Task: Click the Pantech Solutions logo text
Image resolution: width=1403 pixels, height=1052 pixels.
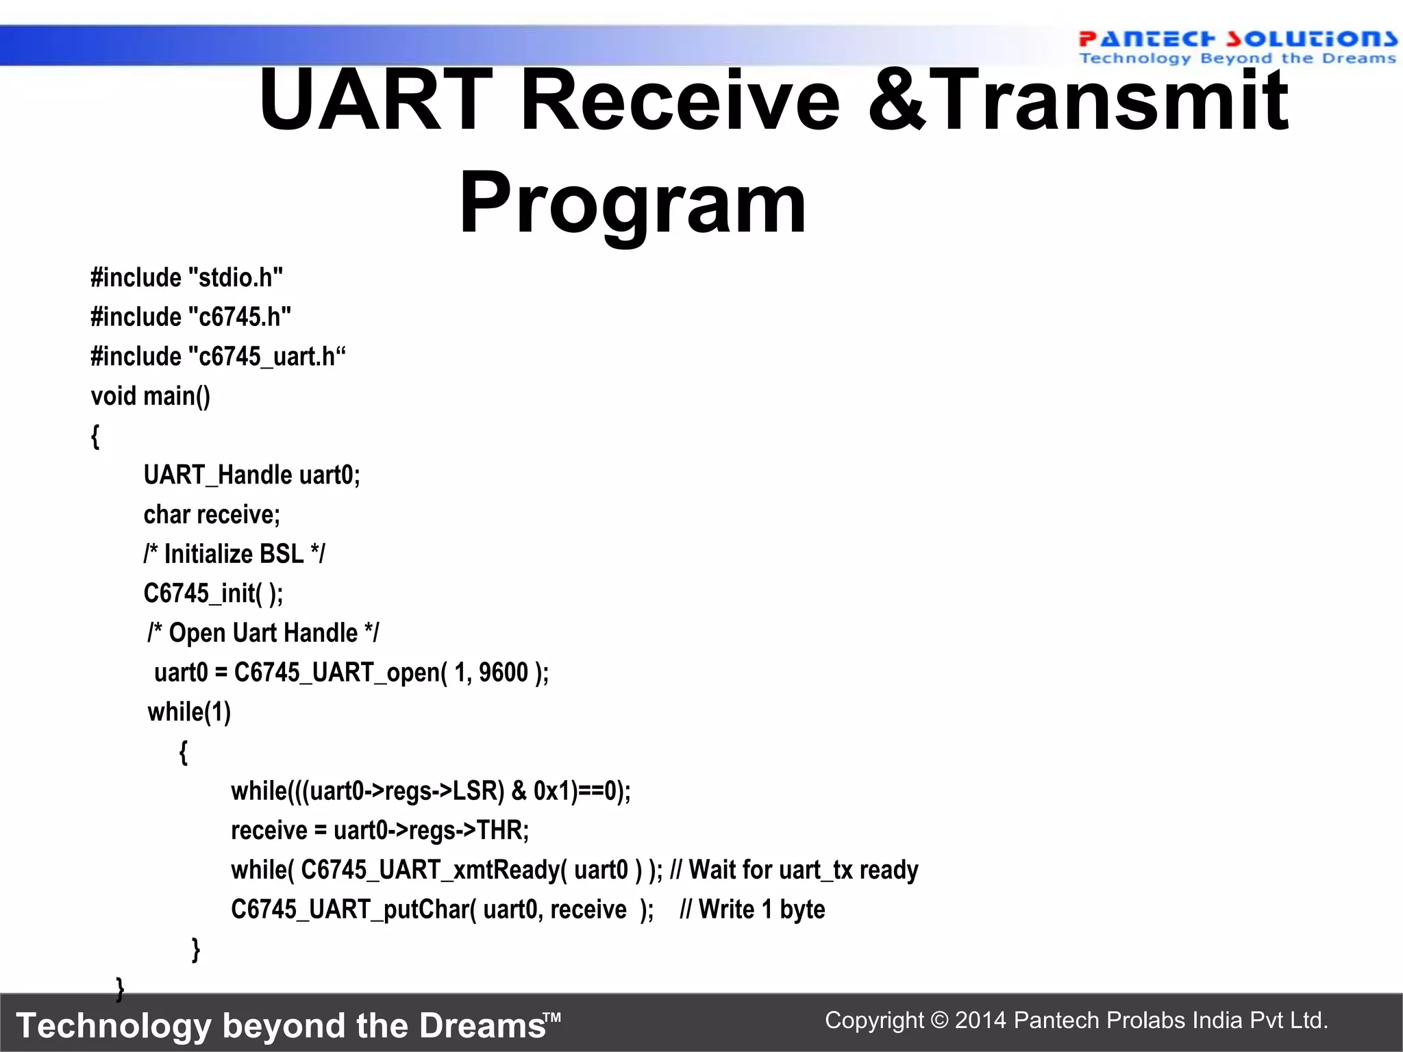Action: pos(1237,39)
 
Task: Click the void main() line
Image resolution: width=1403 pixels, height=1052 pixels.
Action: pos(150,396)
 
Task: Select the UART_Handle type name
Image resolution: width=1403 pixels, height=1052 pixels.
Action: pos(218,475)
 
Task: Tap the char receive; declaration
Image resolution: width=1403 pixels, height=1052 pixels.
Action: pos(212,514)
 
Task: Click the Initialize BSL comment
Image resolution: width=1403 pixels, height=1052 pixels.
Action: pos(234,554)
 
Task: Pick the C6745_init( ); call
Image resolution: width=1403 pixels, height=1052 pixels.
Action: pos(213,593)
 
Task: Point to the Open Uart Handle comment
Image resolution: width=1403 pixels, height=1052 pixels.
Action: pos(263,633)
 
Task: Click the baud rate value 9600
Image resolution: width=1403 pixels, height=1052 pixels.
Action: pos(504,673)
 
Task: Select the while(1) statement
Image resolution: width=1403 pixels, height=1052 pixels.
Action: pos(189,712)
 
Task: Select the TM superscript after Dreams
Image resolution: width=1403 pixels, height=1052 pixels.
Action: pos(552,1017)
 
